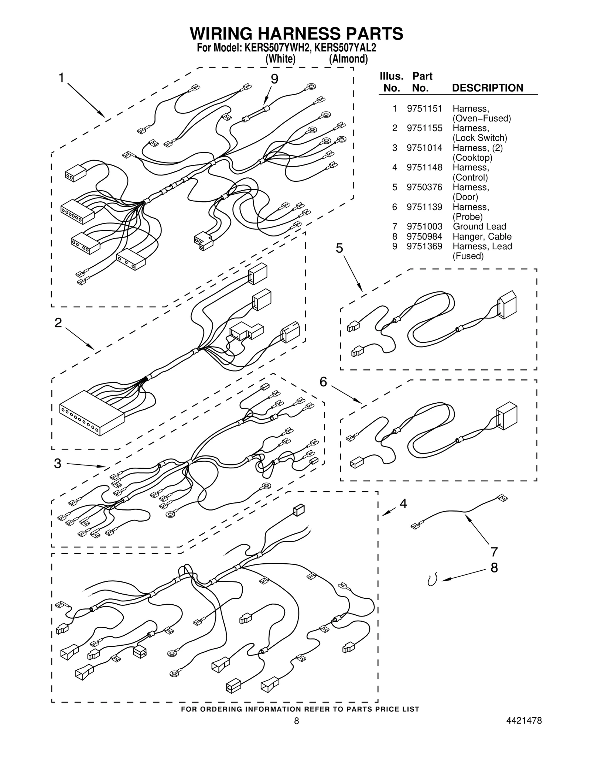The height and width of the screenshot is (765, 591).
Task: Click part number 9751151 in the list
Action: (424, 109)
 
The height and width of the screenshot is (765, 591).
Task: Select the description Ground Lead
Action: (479, 226)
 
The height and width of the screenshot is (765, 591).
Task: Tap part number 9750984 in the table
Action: (424, 236)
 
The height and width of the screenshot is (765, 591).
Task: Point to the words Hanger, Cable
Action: (482, 236)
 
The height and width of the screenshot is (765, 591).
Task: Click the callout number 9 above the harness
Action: (274, 79)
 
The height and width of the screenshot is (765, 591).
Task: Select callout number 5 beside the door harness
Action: (339, 248)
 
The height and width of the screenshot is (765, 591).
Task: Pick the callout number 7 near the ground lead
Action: (494, 552)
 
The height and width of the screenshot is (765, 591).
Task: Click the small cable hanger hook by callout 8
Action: (432, 580)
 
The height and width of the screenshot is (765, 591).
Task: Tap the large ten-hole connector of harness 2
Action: (91, 413)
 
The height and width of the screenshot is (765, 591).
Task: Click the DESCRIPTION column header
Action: (487, 88)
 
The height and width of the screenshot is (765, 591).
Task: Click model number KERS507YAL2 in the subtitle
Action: (345, 48)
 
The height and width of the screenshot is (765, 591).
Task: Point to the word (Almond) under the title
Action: (348, 59)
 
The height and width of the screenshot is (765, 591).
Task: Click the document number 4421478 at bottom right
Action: (525, 721)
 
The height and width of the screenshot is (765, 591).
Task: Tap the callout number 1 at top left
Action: (62, 78)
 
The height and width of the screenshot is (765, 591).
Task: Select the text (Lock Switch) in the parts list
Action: (479, 138)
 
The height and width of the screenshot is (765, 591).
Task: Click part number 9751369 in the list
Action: (424, 246)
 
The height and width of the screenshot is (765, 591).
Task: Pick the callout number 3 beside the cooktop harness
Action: (58, 463)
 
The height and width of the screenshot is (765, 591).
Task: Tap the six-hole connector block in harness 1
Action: (77, 212)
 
